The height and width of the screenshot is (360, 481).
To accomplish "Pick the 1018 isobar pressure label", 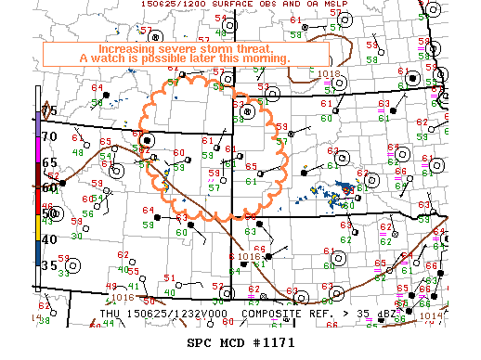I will coord(328,73).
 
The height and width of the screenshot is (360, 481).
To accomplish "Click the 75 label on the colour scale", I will coord(48,111).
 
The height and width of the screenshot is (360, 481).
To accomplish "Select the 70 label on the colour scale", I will coord(48,136).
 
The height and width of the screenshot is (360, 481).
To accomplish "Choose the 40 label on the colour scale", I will coord(48,239).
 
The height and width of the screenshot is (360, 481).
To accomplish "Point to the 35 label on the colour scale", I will coord(48,264).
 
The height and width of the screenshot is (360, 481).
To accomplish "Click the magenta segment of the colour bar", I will coord(37,148).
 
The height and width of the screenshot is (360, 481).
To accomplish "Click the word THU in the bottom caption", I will coord(110,315).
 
